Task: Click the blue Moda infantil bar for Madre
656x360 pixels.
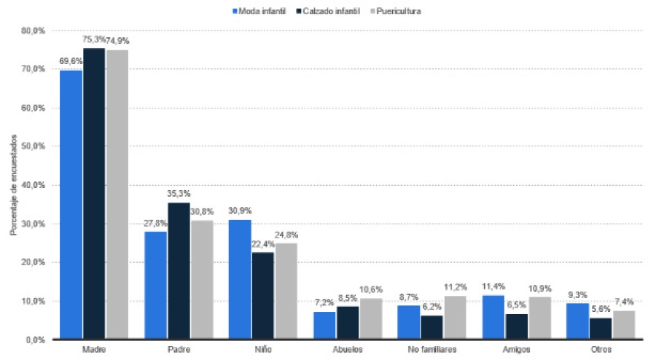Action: tap(71, 205)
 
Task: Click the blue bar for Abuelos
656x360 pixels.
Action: tap(324, 325)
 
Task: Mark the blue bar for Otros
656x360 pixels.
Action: tap(578, 321)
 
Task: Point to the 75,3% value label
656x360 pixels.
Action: tap(94, 39)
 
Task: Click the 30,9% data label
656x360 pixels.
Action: tap(240, 211)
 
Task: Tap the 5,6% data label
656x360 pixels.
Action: tap(600, 309)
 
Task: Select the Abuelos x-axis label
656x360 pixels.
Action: tap(348, 350)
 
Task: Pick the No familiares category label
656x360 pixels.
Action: tap(432, 350)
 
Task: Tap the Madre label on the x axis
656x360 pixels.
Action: tap(94, 350)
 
